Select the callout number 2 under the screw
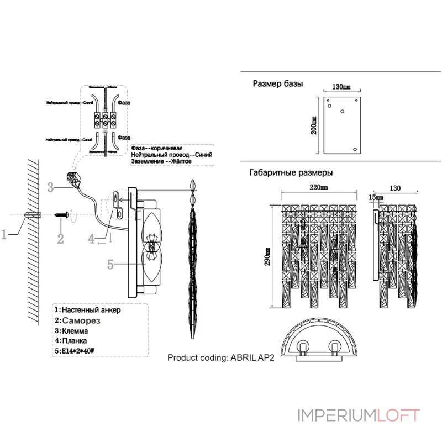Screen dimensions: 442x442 [x=60, y=239]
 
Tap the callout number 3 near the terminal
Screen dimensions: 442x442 [x=50, y=187]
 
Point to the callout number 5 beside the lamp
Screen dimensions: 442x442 [x=111, y=265]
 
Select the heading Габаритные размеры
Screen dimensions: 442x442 [x=291, y=172]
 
